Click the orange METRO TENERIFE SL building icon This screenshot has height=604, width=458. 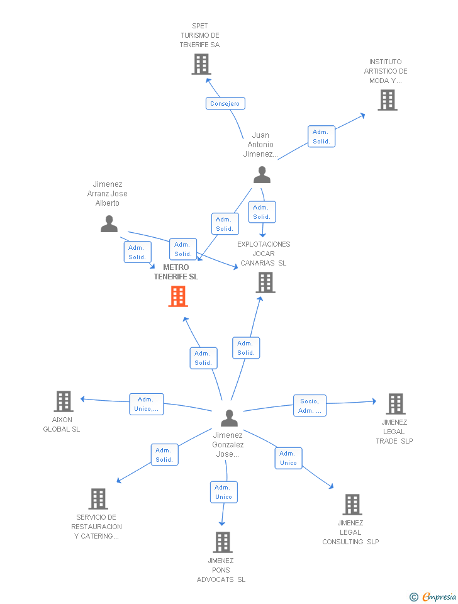[x=178, y=296]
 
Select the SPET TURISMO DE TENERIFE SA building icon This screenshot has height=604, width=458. [x=201, y=64]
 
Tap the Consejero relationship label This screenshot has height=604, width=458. [x=225, y=103]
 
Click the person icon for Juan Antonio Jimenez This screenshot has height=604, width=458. [x=262, y=175]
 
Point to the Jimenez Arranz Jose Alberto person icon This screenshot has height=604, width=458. [x=109, y=224]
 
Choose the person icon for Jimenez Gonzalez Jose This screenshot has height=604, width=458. [x=229, y=418]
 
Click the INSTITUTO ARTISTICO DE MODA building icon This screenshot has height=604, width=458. [x=388, y=100]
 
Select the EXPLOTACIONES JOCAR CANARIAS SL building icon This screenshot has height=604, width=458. [x=266, y=282]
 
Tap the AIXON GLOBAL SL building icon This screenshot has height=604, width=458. [x=64, y=401]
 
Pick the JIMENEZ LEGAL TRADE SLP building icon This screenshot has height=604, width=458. [x=395, y=404]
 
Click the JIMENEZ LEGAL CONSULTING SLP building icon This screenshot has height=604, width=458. [x=352, y=504]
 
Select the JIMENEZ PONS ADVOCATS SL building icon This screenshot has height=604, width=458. [x=222, y=542]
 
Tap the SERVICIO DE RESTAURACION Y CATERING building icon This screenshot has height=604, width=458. [x=98, y=499]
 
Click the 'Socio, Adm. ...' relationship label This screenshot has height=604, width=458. [x=310, y=406]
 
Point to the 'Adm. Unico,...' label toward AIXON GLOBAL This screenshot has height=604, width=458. [x=147, y=404]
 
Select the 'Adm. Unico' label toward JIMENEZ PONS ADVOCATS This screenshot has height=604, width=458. [x=223, y=492]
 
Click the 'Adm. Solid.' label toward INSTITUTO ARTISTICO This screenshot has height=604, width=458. [x=321, y=137]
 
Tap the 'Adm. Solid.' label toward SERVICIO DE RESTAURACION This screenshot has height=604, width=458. [x=164, y=454]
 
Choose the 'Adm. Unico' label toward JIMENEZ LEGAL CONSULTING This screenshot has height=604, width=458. [x=288, y=458]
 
